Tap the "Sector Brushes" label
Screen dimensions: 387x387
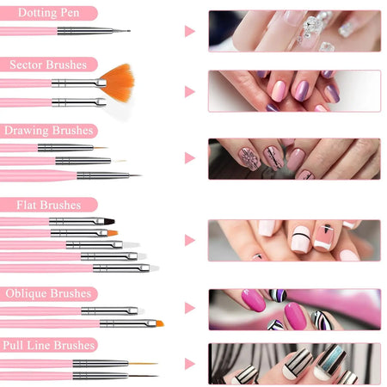pyautogui.click(x=48, y=64)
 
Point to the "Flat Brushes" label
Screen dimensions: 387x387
pyautogui.click(x=42, y=205)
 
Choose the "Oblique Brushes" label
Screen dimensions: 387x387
pyautogui.click(x=48, y=293)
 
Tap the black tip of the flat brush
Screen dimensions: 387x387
pyautogui.click(x=111, y=221)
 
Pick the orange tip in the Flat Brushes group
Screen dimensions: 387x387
pyautogui.click(x=112, y=232)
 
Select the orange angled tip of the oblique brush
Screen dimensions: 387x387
pyautogui.click(x=157, y=323)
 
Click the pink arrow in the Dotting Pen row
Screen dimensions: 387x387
pyautogui.click(x=189, y=31)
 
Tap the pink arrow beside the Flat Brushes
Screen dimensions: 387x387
pyautogui.click(x=189, y=240)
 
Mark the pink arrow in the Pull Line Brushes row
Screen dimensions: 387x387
pyautogui.click(x=189, y=363)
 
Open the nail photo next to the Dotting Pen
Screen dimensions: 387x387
pyautogui.click(x=293, y=31)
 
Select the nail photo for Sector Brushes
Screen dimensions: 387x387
pyautogui.click(x=293, y=91)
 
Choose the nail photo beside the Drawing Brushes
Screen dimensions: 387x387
pyautogui.click(x=293, y=158)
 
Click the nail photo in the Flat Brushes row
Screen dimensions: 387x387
pyautogui.click(x=293, y=240)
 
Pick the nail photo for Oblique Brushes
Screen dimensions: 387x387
pyautogui.click(x=293, y=309)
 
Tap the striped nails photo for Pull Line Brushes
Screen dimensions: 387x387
pyautogui.click(x=293, y=363)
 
